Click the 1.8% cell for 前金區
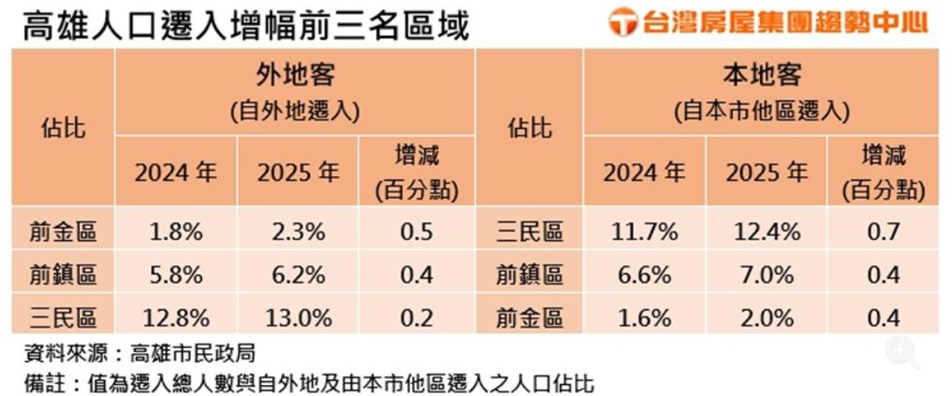(175, 232)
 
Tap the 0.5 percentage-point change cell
(416, 232)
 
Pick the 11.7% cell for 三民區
(644, 232)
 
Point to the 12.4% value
(764, 232)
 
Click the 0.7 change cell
(884, 232)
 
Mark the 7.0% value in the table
(764, 275)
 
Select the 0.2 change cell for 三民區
(416, 318)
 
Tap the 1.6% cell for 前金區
(644, 318)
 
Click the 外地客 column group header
(295, 76)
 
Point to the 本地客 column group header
(761, 76)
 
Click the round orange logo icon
(623, 21)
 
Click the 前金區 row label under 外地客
(63, 232)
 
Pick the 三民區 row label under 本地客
(530, 232)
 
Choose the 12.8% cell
(175, 318)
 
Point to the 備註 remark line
(309, 383)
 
